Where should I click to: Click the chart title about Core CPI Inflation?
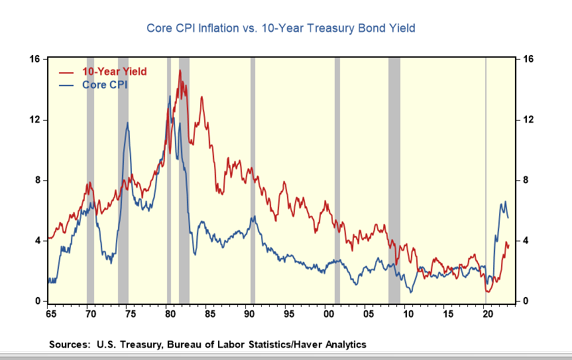coord(280,29)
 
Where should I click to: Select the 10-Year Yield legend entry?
coord(113,72)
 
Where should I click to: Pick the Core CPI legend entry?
coord(104,85)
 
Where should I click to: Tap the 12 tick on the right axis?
coord(528,120)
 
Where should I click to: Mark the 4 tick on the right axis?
coord(526,241)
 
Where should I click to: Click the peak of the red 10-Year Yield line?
coord(180,70)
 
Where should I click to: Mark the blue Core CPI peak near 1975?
coord(128,123)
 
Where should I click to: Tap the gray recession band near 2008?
coord(394,179)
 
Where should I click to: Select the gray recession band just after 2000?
coord(337,179)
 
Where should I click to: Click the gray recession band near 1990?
coord(253,179)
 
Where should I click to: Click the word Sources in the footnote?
coord(69,344)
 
